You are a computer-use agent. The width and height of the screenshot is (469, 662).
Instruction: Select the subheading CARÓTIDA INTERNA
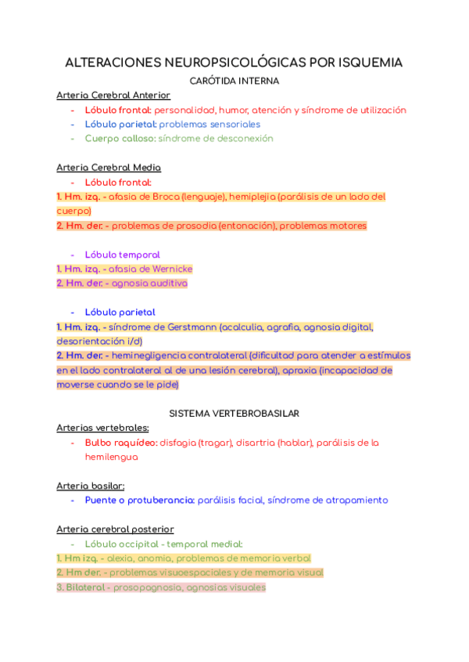click(x=234, y=80)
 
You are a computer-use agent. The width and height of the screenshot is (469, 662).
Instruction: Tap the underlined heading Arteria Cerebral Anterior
click(x=113, y=95)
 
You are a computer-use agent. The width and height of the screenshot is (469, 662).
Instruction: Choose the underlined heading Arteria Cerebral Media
click(x=109, y=168)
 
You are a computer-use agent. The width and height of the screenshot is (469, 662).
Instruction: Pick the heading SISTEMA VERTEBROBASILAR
click(x=234, y=413)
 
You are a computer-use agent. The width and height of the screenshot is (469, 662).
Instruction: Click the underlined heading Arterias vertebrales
click(x=102, y=428)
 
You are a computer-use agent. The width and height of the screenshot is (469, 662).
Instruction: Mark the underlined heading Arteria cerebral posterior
click(x=115, y=529)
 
